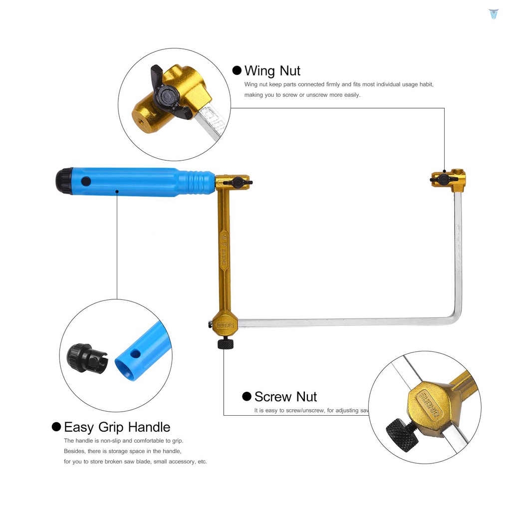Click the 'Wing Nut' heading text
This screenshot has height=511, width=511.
tap(272, 71)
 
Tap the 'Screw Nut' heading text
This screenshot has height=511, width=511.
tap(285, 397)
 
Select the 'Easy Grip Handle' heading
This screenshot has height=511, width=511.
tap(117, 427)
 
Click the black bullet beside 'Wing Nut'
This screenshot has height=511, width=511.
tap(237, 70)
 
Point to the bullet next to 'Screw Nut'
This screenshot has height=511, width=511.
tap(247, 396)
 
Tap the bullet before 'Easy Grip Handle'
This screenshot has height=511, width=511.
tap(56, 427)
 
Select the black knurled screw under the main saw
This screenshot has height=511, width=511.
tap(226, 343)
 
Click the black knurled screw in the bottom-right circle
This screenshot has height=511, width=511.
tap(402, 434)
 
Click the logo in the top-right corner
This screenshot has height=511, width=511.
tap(494, 13)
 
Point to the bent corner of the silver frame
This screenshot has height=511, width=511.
tap(456, 319)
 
